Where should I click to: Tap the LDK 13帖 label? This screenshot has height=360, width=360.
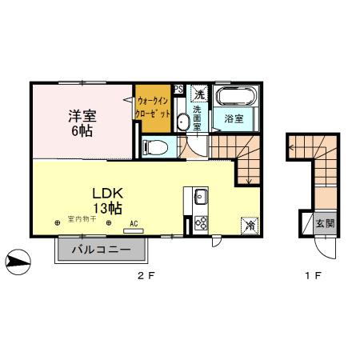[106, 200]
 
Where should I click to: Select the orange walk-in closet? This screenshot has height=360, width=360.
[152, 108]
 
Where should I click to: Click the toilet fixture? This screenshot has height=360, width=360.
[155, 146]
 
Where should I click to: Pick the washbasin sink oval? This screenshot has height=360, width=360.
[183, 122]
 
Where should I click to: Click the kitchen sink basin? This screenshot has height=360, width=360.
[200, 197]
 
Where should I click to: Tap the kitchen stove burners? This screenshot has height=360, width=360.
[200, 222]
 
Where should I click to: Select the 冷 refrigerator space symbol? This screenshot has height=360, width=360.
[250, 226]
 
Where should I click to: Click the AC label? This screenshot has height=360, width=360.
[134, 223]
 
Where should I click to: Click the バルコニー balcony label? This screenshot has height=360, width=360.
[102, 250]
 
